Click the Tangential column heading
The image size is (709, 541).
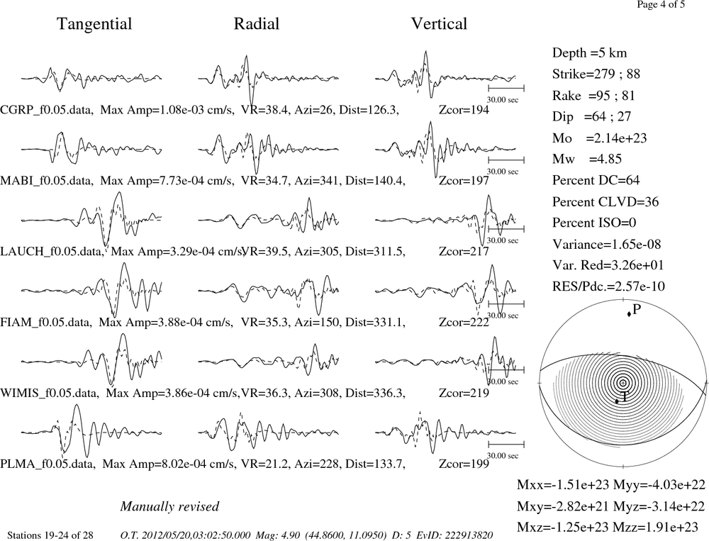(x=94, y=24)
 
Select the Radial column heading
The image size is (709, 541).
(x=257, y=23)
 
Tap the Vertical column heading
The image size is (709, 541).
(x=439, y=23)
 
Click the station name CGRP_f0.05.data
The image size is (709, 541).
(x=47, y=110)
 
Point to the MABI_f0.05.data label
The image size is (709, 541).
(x=47, y=181)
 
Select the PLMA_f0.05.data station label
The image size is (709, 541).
(x=48, y=464)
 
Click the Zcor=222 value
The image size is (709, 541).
(x=464, y=322)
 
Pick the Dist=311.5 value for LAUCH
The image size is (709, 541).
(x=375, y=251)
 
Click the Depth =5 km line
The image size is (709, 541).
(x=590, y=53)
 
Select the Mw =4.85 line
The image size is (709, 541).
(x=587, y=159)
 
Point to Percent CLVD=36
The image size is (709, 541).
(x=605, y=202)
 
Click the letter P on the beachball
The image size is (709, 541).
(x=637, y=309)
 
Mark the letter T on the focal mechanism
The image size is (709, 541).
(x=624, y=397)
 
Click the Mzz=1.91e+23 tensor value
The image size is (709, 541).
(x=655, y=527)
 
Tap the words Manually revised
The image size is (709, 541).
(x=169, y=506)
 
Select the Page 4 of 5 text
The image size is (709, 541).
(x=661, y=4)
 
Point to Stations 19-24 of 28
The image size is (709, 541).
(x=50, y=535)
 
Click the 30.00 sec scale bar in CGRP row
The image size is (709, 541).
(x=506, y=88)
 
